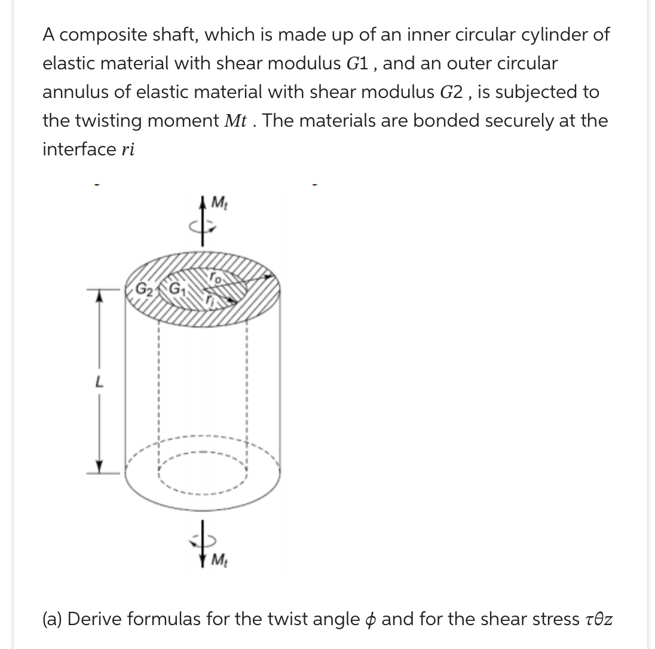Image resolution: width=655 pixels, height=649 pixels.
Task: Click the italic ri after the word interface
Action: (x=126, y=149)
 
